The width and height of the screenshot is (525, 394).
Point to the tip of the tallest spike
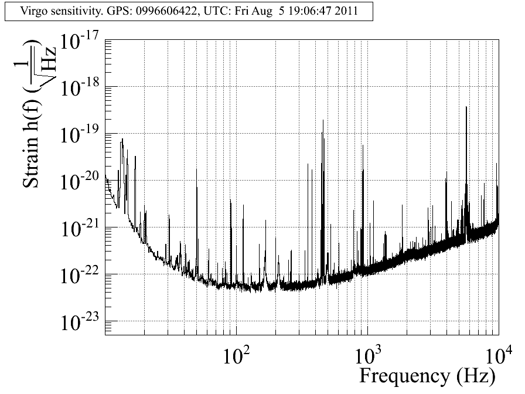click(466, 107)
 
